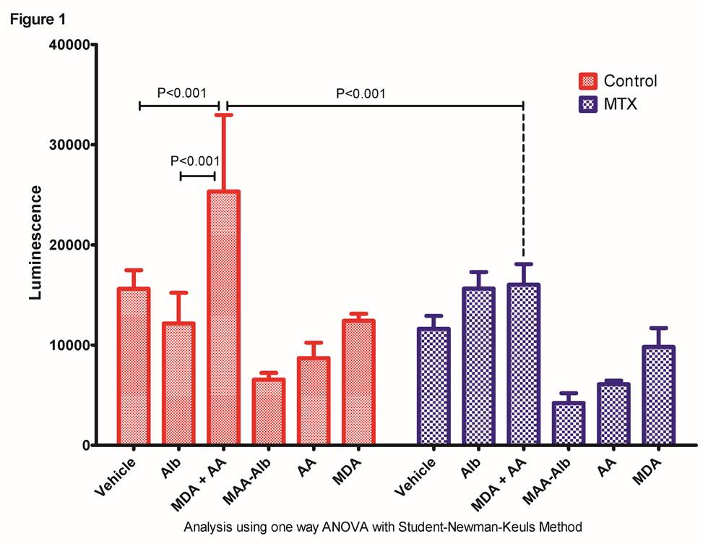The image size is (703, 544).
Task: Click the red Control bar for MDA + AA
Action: pos(223,318)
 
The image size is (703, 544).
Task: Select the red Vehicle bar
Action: pos(134,366)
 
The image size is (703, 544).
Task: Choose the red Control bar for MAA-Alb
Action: pos(268,412)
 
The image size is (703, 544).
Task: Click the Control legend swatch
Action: pos(588,80)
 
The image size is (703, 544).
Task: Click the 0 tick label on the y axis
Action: pos(85,446)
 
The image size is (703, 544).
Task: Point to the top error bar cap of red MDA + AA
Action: pos(223,115)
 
